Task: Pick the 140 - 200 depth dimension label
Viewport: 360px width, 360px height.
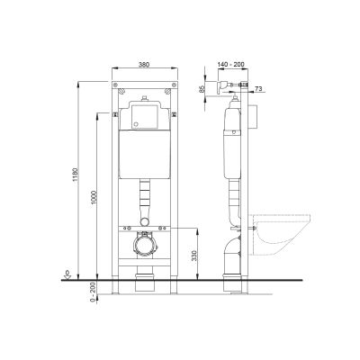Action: [232, 66]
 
